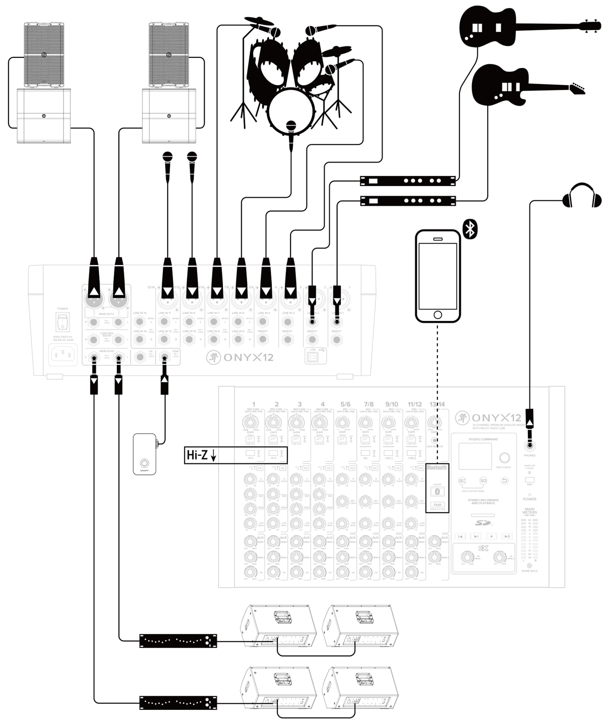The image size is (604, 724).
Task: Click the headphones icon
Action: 582,196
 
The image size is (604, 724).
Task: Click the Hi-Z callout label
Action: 201,455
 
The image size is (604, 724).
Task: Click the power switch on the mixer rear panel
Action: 63,323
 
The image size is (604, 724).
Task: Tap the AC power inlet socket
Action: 63,355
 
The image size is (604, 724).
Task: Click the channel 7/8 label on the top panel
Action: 368,404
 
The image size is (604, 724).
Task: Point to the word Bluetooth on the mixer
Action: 436,468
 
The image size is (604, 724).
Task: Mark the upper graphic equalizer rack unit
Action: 178,640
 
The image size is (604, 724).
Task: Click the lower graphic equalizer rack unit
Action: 178,702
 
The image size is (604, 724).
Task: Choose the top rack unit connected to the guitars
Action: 408,180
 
